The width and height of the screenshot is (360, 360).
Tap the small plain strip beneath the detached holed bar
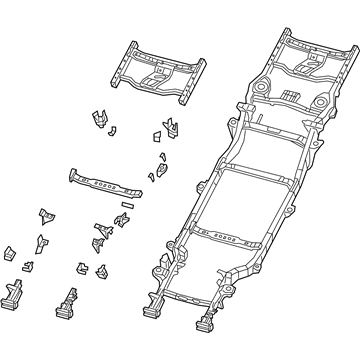pyautogui.click(x=127, y=203)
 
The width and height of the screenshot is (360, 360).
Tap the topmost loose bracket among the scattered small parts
pyautogui.click(x=100, y=118)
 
